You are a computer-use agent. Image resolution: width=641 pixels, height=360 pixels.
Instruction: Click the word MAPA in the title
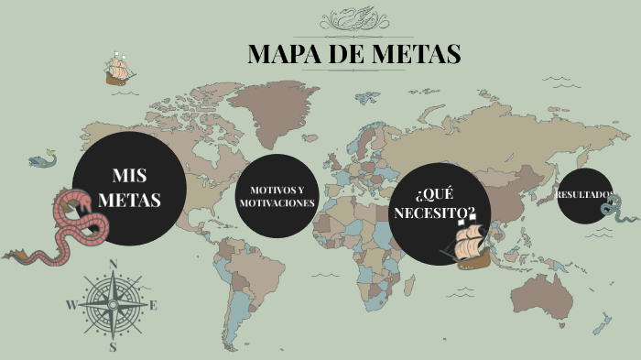[285, 54]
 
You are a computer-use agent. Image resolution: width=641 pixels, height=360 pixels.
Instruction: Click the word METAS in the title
[418, 54]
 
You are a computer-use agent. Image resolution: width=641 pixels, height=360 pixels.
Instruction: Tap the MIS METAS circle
[129, 188]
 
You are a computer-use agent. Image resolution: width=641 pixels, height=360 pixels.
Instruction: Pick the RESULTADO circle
[583, 194]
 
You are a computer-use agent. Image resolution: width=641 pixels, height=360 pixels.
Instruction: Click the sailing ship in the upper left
[119, 70]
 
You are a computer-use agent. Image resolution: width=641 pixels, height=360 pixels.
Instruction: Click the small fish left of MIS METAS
[40, 161]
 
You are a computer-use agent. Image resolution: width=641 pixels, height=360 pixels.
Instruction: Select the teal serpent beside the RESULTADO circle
[614, 211]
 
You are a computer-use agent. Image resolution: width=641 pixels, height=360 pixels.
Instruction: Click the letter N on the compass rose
[114, 264]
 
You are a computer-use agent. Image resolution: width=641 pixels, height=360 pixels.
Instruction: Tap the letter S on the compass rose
[114, 347]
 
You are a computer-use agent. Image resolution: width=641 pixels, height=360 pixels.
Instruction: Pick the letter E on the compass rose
[154, 306]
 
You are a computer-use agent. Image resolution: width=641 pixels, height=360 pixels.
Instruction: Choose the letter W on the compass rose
[71, 306]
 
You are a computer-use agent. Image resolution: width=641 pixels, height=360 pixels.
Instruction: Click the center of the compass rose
[114, 306]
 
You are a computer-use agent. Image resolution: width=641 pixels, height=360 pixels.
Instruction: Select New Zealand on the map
[601, 324]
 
